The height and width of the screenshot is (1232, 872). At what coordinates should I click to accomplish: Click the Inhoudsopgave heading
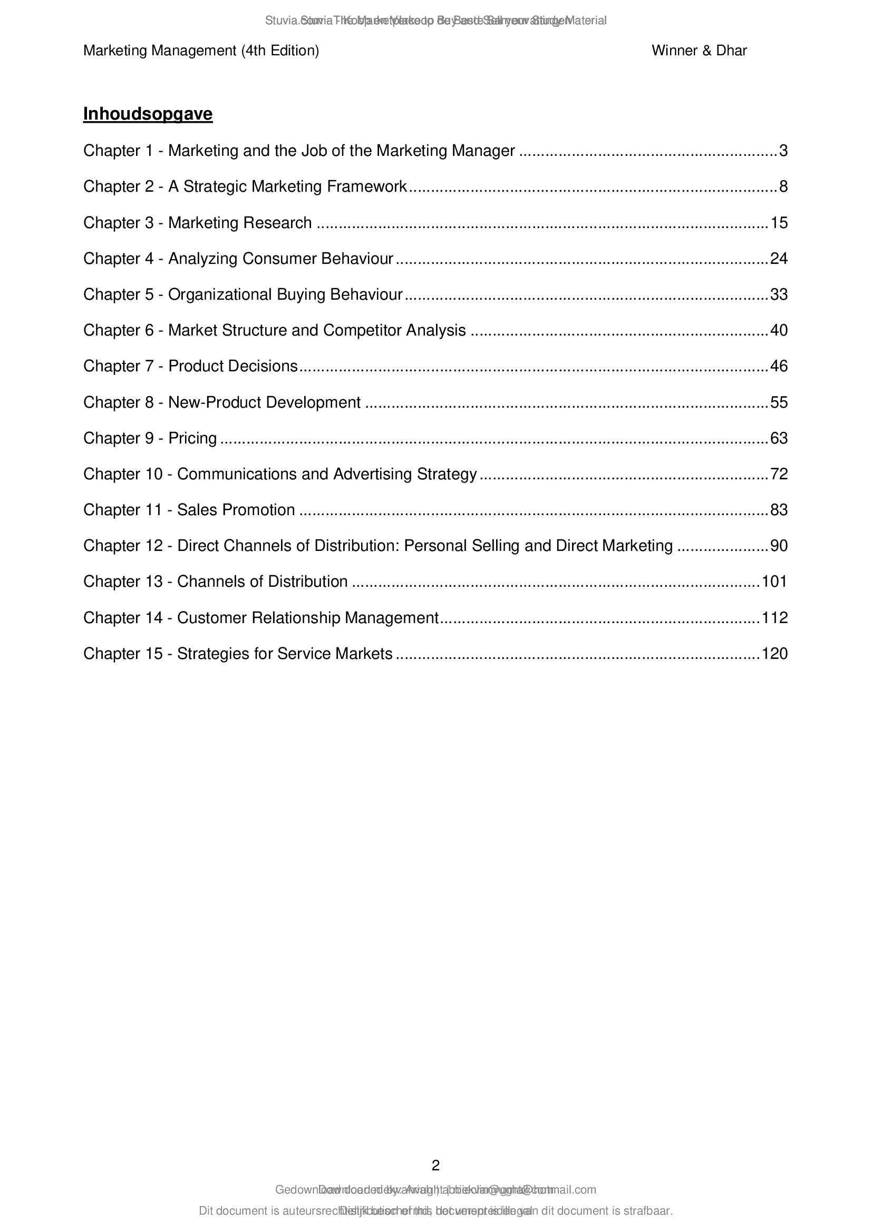148,114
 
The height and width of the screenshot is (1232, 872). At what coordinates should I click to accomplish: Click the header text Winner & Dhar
699,51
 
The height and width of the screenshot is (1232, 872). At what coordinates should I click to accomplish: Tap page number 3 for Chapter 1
783,151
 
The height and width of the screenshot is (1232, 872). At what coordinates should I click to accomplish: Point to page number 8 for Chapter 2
783,187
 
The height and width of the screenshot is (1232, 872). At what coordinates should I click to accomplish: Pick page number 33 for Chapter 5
779,294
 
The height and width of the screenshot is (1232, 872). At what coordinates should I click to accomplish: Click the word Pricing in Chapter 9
192,438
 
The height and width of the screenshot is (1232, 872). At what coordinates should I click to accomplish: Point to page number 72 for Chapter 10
779,474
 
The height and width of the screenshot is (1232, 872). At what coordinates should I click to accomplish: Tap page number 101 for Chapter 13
774,581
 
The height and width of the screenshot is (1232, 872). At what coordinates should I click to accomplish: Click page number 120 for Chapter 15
774,654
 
